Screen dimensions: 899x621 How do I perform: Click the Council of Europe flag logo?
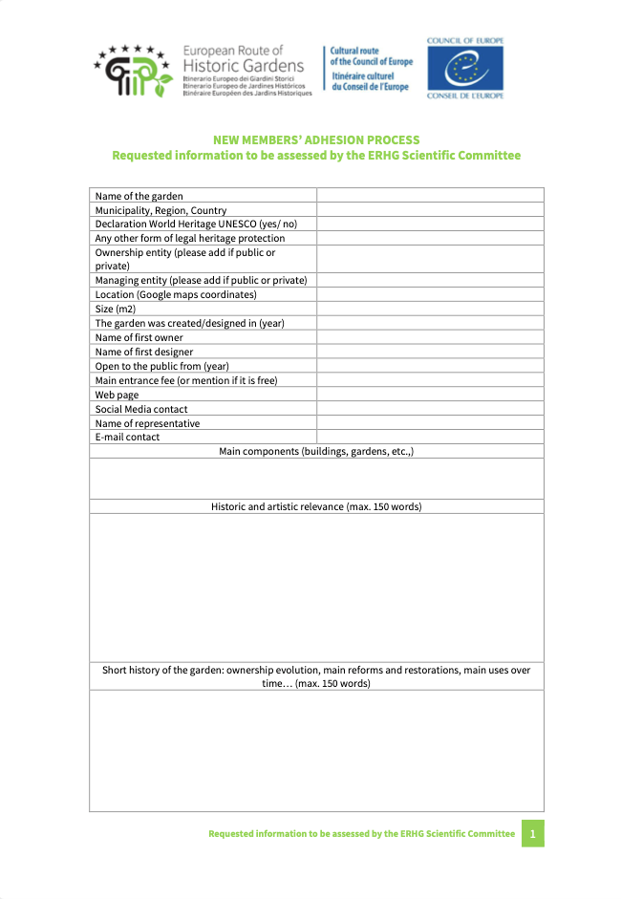click(465, 70)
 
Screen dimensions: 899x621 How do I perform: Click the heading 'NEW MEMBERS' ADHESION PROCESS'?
click(316, 140)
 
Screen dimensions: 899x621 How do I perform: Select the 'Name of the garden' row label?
click(139, 196)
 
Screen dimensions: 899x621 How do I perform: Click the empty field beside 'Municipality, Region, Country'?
click(430, 210)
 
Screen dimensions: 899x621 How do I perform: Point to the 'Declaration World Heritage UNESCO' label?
click(196, 224)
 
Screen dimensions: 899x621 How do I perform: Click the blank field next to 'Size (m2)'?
click(430, 310)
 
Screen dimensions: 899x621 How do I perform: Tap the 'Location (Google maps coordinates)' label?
click(176, 295)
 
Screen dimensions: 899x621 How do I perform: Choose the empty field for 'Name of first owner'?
click(430, 337)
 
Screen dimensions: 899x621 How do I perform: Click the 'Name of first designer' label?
click(143, 352)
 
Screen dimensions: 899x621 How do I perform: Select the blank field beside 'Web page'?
click(430, 395)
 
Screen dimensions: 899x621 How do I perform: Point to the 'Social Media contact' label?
click(141, 409)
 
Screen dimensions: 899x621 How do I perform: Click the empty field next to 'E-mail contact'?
click(430, 437)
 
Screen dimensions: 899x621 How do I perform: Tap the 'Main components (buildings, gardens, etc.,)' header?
click(316, 451)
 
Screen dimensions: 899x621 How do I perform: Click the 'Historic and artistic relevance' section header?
click(316, 506)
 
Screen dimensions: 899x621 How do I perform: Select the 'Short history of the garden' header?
click(316, 676)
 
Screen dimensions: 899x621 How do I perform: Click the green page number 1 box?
click(532, 834)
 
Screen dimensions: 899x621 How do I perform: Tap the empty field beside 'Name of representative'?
click(430, 423)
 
